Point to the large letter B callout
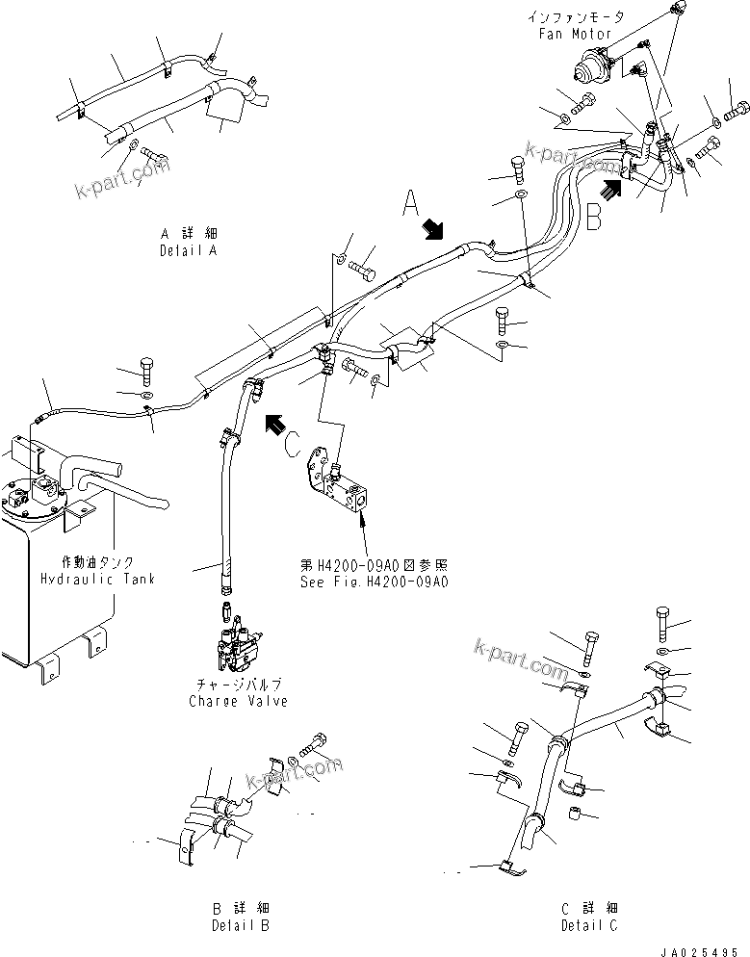point(594,218)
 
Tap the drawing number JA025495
point(705,949)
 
